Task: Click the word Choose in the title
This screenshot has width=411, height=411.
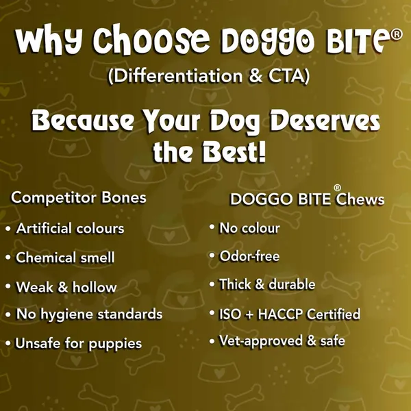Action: point(151,39)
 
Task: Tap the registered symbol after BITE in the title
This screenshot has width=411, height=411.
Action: point(396,35)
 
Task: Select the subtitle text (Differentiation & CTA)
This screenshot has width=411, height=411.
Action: point(209,76)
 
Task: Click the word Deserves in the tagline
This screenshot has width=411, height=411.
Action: point(325,121)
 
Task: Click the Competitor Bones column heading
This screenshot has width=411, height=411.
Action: point(79,197)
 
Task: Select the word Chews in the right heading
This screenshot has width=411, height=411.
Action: point(360,199)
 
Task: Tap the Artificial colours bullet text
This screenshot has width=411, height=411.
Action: point(70,228)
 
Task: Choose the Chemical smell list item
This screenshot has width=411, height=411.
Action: point(65,258)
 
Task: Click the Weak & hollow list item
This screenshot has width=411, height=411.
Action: point(66,287)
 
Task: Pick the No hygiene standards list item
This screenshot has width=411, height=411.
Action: point(89,314)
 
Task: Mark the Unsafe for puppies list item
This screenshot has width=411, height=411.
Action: point(79,343)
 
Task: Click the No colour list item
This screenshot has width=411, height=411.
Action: point(249,228)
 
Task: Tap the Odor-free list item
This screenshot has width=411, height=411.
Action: point(249,256)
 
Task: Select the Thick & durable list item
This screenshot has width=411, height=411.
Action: point(267,284)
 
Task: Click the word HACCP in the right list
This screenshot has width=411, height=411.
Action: point(280,314)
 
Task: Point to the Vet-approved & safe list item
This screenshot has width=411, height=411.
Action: point(282,342)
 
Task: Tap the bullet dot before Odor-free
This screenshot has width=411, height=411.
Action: point(212,256)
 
